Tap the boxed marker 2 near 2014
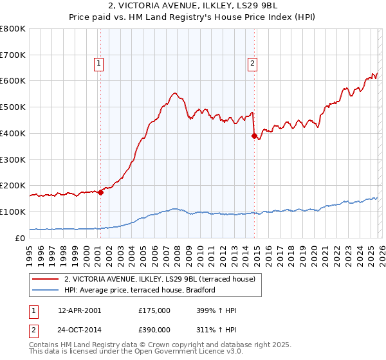pyautogui.click(x=252, y=63)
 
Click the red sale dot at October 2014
pyautogui.click(x=254, y=136)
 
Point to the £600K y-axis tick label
pyautogui.click(x=12, y=81)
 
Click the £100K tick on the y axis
pyautogui.click(x=12, y=212)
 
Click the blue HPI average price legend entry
pyautogui.click(x=139, y=291)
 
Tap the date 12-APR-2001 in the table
pyautogui.click(x=79, y=310)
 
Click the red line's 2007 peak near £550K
pyautogui.click(x=174, y=93)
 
